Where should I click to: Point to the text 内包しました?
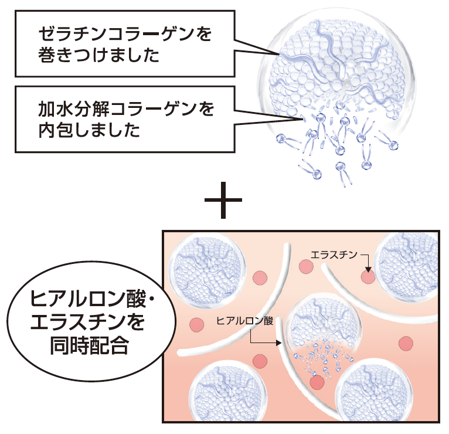coord(89,130)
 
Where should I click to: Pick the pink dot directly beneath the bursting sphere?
coord(317,382)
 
